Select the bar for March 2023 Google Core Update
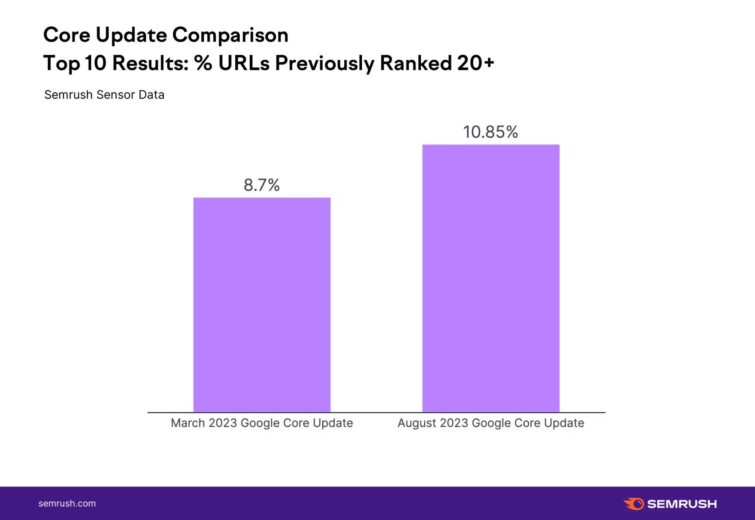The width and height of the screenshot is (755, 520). [262, 304]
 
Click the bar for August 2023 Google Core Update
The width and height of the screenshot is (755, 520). [491, 278]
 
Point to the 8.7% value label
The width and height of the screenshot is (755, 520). [261, 185]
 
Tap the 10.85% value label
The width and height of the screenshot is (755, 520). [490, 132]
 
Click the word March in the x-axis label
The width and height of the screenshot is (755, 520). [188, 423]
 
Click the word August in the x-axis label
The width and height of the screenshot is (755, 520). [417, 423]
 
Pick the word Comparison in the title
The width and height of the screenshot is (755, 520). [230, 35]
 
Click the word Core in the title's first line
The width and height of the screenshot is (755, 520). [66, 35]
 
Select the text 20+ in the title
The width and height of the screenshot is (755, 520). [475, 63]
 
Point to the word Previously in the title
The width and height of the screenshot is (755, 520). [324, 63]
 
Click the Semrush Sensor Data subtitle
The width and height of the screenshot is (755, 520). [104, 95]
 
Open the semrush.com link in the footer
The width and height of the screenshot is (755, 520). [67, 503]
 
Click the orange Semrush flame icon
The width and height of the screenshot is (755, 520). [634, 503]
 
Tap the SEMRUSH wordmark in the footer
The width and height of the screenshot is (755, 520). [682, 504]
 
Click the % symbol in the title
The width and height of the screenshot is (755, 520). [203, 63]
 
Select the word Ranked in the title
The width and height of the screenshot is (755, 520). [415, 63]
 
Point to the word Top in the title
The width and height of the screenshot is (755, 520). [61, 63]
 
